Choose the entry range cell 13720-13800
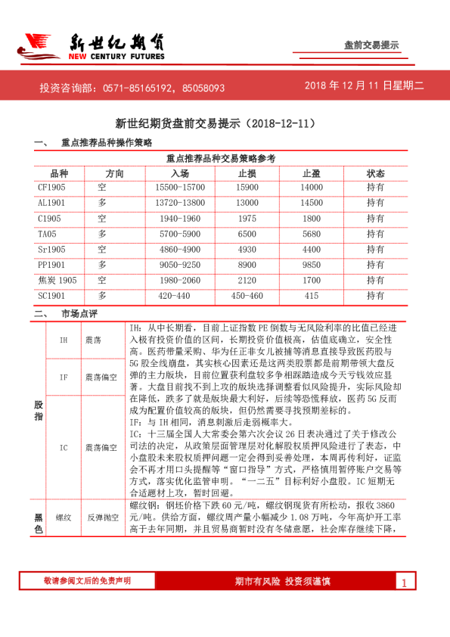(x=180, y=203)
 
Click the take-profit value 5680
(x=311, y=234)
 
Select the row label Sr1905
(x=52, y=249)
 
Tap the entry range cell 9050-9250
(x=180, y=264)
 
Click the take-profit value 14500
(x=311, y=203)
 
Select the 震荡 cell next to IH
(x=95, y=340)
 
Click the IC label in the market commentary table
(x=64, y=447)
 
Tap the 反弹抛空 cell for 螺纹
(x=99, y=517)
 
